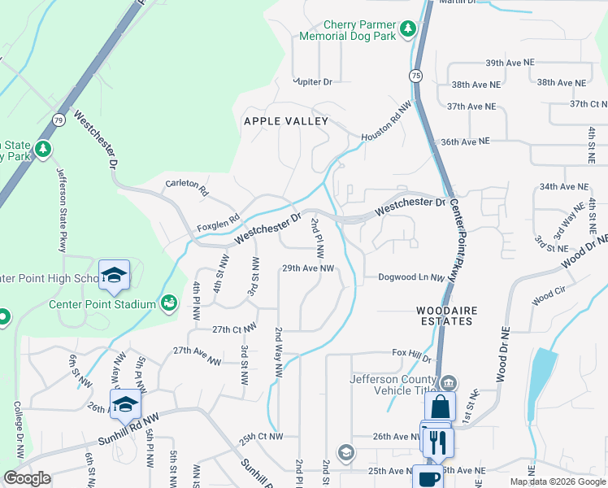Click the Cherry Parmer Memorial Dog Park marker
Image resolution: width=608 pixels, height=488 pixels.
pyautogui.click(x=408, y=30)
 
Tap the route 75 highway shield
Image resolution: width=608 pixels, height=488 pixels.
pyautogui.click(x=415, y=75)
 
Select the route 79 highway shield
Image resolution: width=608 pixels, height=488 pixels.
pyautogui.click(x=59, y=120)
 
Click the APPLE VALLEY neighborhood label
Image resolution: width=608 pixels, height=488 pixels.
pyautogui.click(x=286, y=121)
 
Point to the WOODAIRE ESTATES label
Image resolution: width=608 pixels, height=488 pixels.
pyautogui.click(x=444, y=316)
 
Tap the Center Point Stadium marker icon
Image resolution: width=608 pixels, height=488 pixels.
pyautogui.click(x=169, y=303)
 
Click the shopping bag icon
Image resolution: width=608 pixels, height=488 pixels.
pyautogui.click(x=440, y=407)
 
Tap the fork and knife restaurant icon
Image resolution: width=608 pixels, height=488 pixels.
pyautogui.click(x=436, y=442)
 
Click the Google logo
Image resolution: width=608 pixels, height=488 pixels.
pyautogui.click(x=28, y=478)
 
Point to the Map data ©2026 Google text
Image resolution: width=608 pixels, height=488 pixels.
pyautogui.click(x=557, y=481)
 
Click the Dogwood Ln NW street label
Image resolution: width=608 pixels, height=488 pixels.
pyautogui.click(x=411, y=277)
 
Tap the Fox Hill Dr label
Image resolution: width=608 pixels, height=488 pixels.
pyautogui.click(x=411, y=355)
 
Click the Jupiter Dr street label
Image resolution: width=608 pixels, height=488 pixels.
pyautogui.click(x=314, y=82)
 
